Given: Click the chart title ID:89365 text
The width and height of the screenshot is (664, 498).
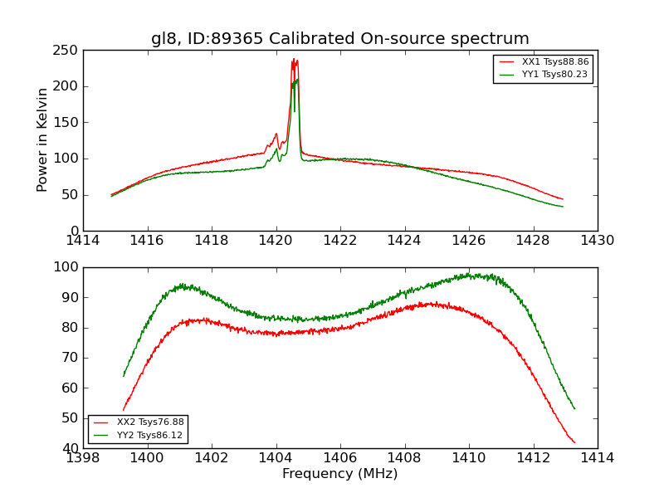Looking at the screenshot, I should pyautogui.click(x=339, y=39).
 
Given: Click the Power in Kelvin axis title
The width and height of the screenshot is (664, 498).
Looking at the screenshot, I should pyautogui.click(x=43, y=139).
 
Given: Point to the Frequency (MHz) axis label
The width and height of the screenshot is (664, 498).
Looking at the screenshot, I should pyautogui.click(x=339, y=474).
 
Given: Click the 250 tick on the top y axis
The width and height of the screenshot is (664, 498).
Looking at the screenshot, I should pyautogui.click(x=68, y=51).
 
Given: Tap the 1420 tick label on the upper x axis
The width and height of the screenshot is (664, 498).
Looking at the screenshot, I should pyautogui.click(x=276, y=241).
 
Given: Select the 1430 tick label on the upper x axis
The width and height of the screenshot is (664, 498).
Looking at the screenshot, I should pyautogui.click(x=597, y=241).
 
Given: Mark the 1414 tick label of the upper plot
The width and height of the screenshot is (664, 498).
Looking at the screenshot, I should pyautogui.click(x=83, y=241).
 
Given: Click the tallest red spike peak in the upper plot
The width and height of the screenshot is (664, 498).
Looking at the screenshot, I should pyautogui.click(x=293, y=59).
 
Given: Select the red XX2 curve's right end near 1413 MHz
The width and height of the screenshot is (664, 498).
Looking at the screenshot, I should pyautogui.click(x=574, y=442).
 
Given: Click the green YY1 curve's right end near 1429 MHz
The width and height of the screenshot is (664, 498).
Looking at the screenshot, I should pyautogui.click(x=563, y=206).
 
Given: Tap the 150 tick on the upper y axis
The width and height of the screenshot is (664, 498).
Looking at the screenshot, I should pyautogui.click(x=68, y=123).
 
